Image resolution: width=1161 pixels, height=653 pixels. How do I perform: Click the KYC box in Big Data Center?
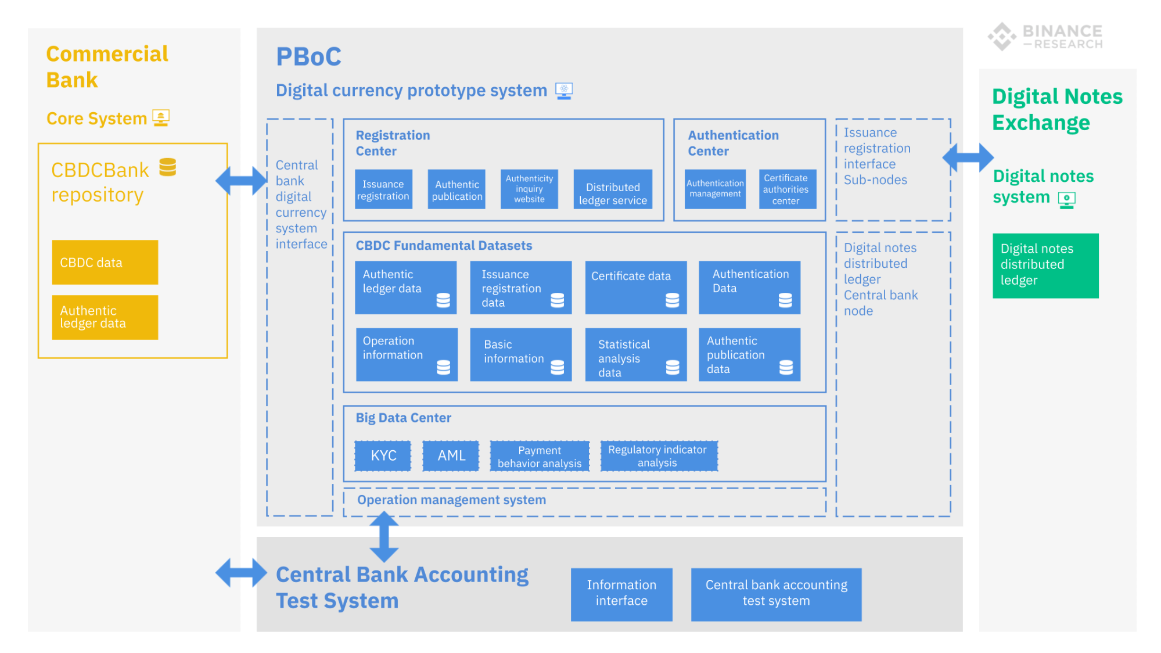click(383, 455)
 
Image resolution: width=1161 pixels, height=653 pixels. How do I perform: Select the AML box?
click(451, 455)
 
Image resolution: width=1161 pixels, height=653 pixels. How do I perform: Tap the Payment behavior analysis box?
click(540, 456)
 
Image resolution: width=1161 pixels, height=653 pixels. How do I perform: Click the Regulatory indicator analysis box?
click(659, 456)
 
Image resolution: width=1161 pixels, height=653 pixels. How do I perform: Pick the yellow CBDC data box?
click(105, 262)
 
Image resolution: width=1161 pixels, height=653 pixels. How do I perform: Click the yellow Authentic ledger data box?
click(105, 317)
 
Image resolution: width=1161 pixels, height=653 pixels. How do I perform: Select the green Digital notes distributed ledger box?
click(1045, 265)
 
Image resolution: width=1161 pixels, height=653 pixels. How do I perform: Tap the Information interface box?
click(621, 594)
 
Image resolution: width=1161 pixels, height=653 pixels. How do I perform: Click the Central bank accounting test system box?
click(775, 594)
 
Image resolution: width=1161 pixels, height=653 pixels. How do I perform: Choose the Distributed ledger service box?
click(612, 189)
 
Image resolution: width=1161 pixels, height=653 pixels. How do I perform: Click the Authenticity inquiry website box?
click(529, 189)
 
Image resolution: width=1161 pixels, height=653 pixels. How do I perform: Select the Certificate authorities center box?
click(787, 189)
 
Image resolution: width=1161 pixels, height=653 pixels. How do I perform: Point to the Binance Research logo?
click(1045, 37)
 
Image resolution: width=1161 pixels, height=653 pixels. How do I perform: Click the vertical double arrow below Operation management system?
click(384, 537)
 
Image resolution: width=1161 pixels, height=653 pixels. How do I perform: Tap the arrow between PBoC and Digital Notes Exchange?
click(968, 157)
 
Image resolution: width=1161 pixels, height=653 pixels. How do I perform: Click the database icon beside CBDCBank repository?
click(167, 167)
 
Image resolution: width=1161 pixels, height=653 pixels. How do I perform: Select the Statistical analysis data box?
click(635, 354)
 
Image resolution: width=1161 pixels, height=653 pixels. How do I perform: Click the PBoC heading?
click(308, 57)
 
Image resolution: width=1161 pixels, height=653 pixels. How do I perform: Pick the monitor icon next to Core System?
click(161, 118)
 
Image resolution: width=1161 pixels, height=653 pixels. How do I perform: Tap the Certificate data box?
click(635, 288)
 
